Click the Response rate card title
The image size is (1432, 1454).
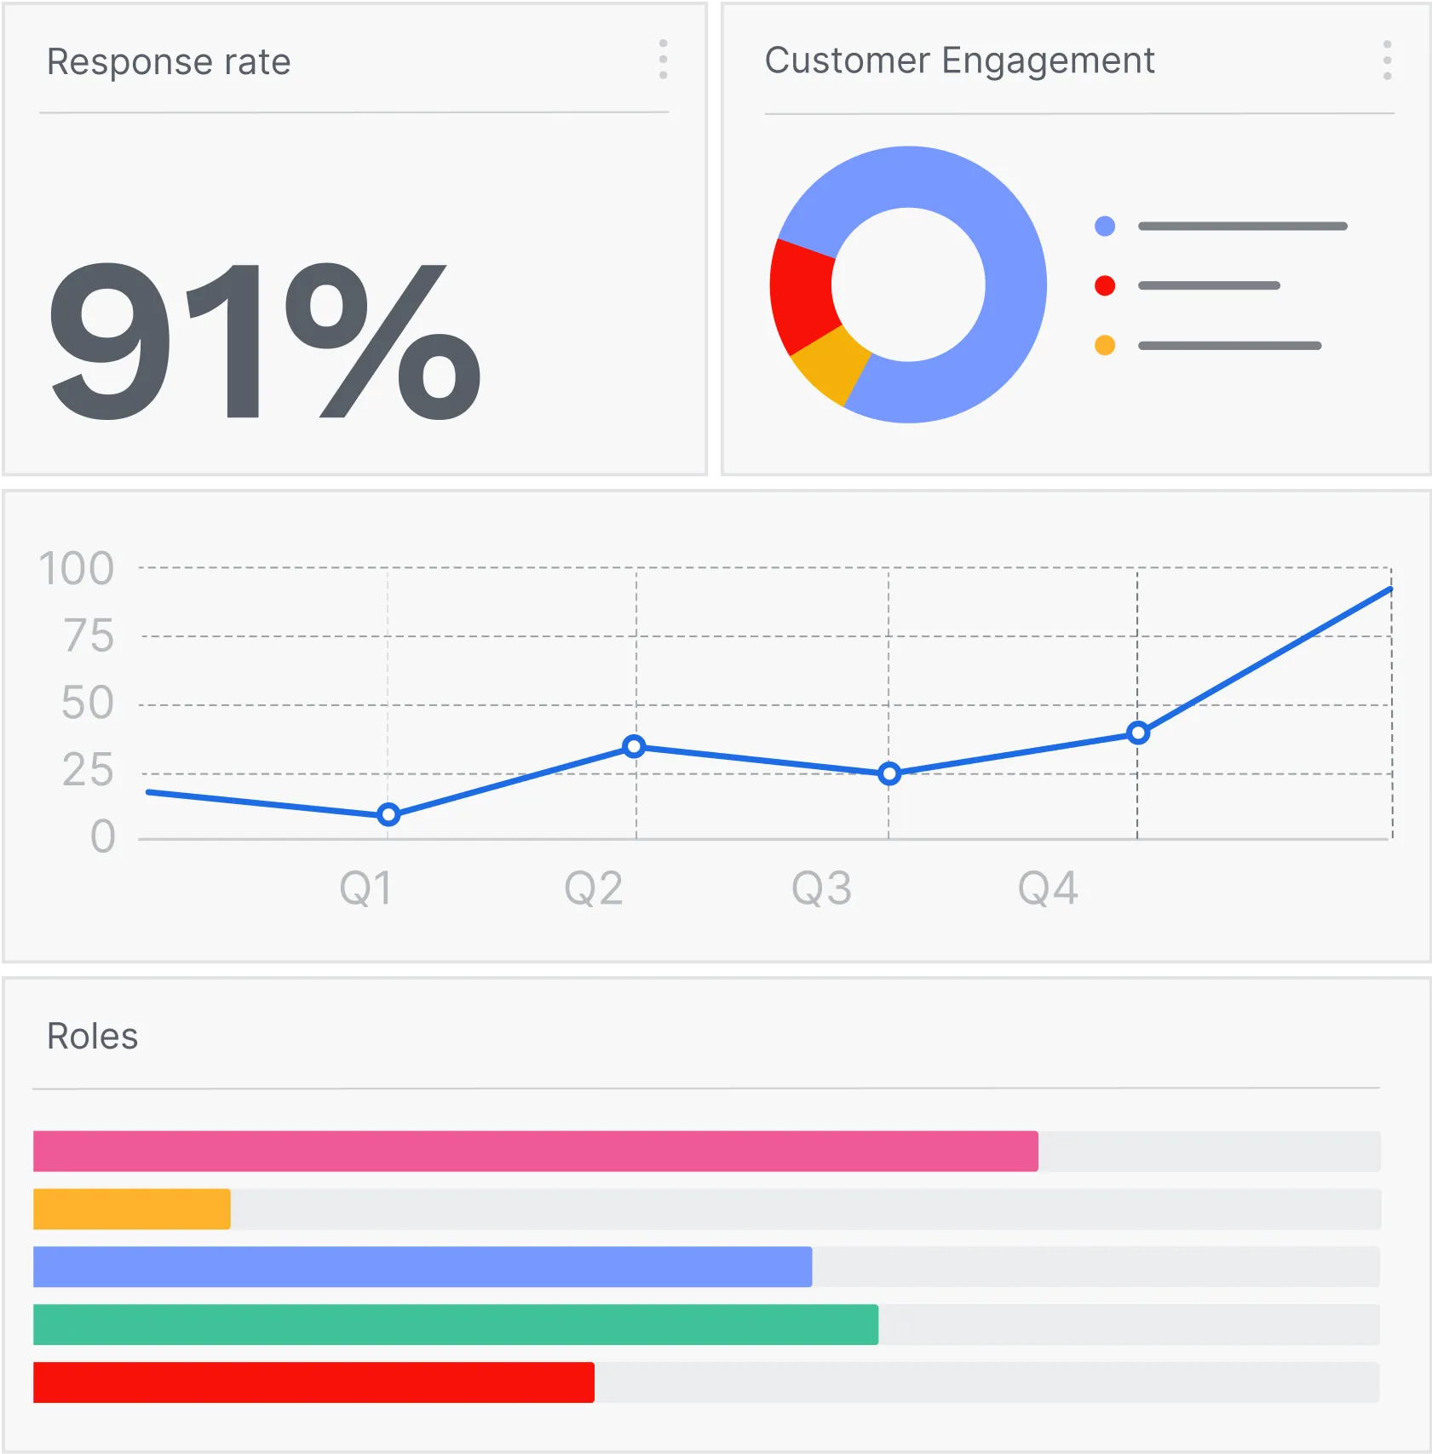pos(169,62)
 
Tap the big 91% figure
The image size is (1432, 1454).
pos(264,341)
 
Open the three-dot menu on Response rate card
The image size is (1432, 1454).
pos(663,60)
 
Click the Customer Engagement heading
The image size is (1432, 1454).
pos(959,60)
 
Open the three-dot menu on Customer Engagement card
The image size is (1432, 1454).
pos(1387,60)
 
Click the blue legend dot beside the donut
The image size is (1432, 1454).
pos(1105,226)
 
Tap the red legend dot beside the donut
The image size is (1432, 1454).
pos(1105,285)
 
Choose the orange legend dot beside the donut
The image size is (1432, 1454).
pos(1105,345)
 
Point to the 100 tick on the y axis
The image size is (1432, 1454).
pos(77,568)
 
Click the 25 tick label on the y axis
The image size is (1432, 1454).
pos(88,770)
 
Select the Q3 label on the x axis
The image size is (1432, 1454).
pos(821,888)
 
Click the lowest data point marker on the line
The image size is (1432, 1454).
pos(388,815)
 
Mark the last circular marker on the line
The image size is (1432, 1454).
pos(1138,733)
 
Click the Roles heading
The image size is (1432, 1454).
pos(92,1037)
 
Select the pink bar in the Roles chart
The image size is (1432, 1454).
pos(535,1152)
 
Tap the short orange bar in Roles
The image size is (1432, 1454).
pos(132,1209)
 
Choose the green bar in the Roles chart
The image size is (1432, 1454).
pos(456,1325)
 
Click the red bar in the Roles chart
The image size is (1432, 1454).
pos(313,1382)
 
